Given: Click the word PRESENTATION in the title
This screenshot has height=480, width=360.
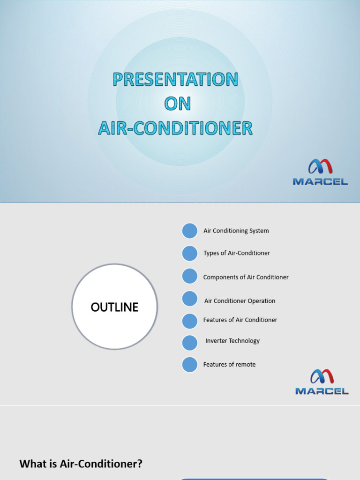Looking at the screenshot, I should [x=175, y=79].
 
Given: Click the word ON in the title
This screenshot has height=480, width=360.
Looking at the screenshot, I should [x=177, y=104].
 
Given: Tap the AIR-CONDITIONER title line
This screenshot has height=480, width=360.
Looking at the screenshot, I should [x=175, y=128].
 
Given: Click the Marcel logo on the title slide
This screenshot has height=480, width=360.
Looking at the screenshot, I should [x=320, y=172].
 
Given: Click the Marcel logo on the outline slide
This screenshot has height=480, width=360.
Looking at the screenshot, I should [x=322, y=382].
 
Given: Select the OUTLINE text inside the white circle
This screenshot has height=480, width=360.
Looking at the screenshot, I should [x=114, y=307].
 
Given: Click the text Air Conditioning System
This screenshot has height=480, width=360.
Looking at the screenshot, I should [x=236, y=231].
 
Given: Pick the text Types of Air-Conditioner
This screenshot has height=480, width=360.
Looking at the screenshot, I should [x=236, y=253].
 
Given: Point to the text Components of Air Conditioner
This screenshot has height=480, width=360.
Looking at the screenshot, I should [x=246, y=277].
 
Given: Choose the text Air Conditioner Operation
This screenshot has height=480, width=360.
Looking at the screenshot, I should [x=240, y=301].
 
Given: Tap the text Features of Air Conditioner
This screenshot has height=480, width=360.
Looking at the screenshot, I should [x=240, y=320].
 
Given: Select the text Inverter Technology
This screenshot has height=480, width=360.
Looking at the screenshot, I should [x=232, y=341].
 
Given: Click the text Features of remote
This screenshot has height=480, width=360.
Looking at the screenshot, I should [x=229, y=364].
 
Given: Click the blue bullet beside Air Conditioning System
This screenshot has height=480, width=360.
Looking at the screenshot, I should [x=190, y=231].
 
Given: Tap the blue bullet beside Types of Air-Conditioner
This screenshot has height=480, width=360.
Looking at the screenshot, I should [x=190, y=253].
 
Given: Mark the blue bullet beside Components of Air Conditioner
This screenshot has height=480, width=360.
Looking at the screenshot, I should [x=190, y=276].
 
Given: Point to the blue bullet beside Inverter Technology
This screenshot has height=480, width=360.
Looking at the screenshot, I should [x=190, y=343].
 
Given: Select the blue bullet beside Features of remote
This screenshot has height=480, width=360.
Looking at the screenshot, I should [x=190, y=364].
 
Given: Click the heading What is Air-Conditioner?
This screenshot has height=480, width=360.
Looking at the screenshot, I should [x=81, y=464].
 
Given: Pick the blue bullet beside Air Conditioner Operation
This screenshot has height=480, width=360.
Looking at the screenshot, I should [x=190, y=299].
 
